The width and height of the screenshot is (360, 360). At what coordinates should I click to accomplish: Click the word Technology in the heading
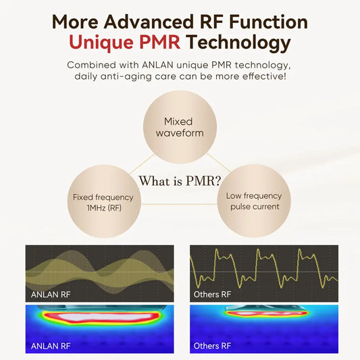(x=239, y=44)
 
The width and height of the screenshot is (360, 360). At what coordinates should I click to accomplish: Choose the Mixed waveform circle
(x=179, y=127)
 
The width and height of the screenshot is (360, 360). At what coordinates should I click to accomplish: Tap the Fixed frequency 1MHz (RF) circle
(x=103, y=202)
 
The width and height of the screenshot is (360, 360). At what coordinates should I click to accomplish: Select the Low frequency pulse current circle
(x=254, y=201)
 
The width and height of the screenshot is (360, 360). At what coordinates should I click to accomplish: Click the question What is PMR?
(x=180, y=182)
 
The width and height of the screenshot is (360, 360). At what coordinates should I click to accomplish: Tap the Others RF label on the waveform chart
(x=212, y=294)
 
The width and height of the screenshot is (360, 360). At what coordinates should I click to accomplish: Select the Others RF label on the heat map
(x=212, y=346)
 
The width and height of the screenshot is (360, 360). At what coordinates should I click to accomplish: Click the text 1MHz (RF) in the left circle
(x=103, y=208)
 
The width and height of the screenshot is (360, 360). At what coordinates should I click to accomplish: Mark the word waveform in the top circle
(x=179, y=133)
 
